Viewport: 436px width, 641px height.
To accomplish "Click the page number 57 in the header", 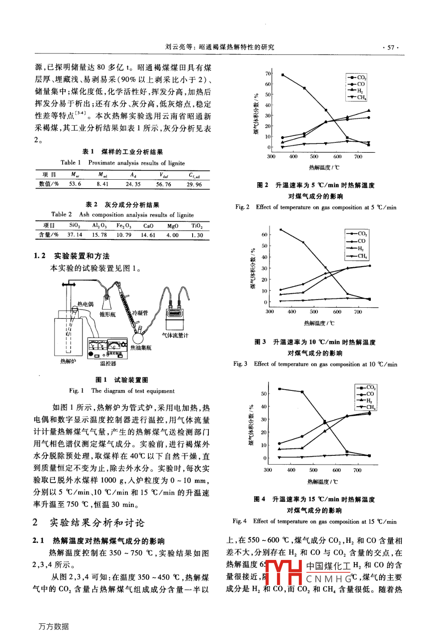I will pos(390,47).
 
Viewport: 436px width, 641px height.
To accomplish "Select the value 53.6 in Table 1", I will pos(75,184).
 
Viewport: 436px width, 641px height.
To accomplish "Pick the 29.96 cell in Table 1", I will pos(194,184).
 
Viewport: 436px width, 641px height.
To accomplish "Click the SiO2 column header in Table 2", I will pos(75,225).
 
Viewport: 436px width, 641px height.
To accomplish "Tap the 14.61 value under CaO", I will pos(148,235).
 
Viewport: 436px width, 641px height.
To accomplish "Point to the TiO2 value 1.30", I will pos(197,235).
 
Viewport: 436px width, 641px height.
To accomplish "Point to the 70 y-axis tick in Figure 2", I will pos(268,73).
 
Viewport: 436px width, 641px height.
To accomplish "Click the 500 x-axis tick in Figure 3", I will pos(314,312).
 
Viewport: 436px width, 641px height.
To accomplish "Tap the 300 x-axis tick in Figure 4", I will pos(268,470).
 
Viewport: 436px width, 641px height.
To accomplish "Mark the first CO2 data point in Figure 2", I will pos(283,75).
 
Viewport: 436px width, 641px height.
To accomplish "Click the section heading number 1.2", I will pos(40,256).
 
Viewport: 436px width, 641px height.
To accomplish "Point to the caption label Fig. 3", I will pos(240,364).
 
